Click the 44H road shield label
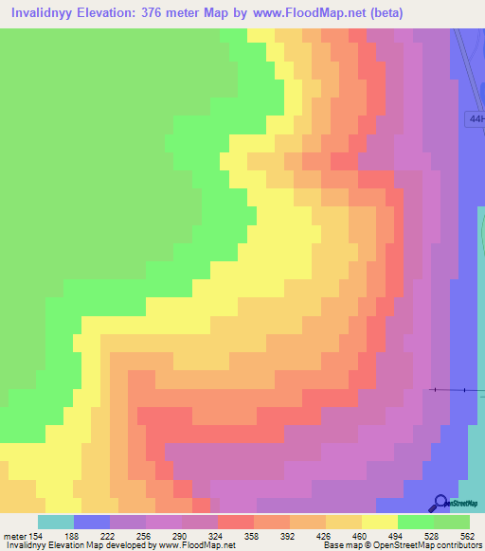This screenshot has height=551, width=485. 476,119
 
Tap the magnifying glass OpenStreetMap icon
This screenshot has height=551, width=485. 441,503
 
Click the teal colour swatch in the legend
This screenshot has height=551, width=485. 55,522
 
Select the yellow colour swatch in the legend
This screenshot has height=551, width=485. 379,522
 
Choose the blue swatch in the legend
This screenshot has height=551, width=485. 91,522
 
